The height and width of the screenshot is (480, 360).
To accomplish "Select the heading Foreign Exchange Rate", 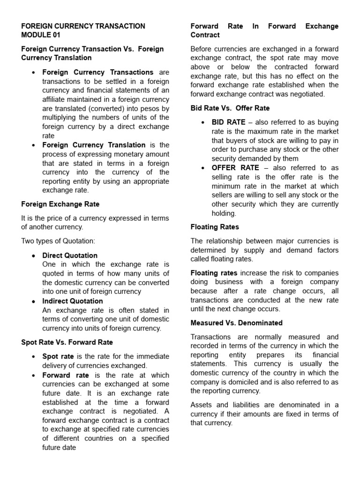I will [60, 204].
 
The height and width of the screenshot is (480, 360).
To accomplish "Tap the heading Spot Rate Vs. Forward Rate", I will [67, 342].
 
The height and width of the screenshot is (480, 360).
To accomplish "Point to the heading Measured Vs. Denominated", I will [236, 323].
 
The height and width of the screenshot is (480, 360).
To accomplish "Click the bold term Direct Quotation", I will [70, 255].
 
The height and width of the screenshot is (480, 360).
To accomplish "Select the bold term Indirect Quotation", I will [73, 301].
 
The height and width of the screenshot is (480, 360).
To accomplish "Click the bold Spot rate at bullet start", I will [58, 356].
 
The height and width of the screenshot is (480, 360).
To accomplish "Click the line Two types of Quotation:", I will [58, 240].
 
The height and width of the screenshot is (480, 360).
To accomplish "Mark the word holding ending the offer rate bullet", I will [224, 213].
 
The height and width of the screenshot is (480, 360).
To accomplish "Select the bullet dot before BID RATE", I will [202, 122].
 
